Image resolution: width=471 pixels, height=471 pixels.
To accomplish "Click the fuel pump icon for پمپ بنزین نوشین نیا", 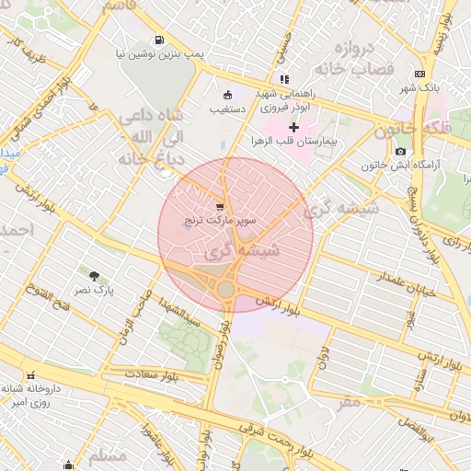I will pos(161,40).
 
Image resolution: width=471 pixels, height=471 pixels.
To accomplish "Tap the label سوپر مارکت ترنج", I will pos(219,221).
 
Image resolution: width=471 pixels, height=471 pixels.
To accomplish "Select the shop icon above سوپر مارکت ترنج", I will pos(219,207).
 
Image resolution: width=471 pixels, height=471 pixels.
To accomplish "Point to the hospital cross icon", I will pos(293,127).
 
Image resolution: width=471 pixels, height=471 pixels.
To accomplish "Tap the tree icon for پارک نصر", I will pos(94,274).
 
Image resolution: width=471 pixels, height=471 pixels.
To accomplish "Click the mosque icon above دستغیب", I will pos(228,94).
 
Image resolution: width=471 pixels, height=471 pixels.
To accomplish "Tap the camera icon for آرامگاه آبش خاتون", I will pos(400,151).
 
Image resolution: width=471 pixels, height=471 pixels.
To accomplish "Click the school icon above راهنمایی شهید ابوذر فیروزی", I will pos(284,79).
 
